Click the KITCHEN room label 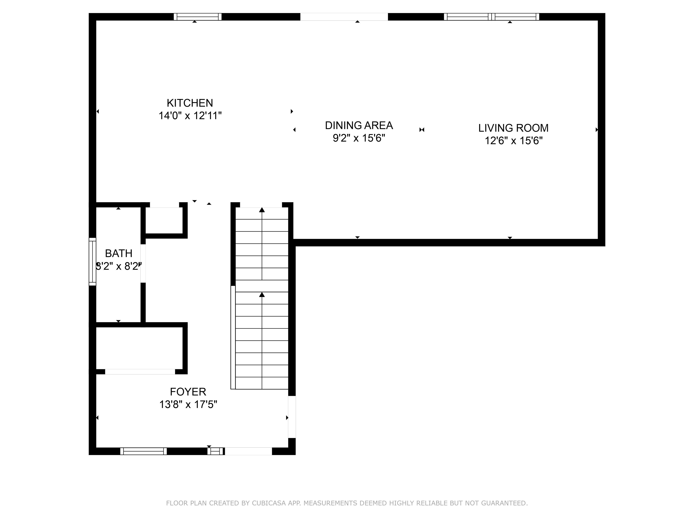click(x=190, y=103)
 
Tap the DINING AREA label click(x=359, y=125)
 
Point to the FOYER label click(x=188, y=392)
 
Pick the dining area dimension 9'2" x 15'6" click(x=359, y=138)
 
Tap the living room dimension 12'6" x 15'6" click(x=513, y=140)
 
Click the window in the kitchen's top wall click(x=198, y=17)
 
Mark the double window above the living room click(x=492, y=17)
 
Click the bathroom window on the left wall click(x=92, y=262)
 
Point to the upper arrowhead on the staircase click(x=262, y=210)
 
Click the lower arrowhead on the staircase click(x=262, y=294)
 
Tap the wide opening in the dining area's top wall click(x=344, y=17)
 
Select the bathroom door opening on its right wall click(x=143, y=263)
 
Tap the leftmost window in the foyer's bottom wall click(x=143, y=451)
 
